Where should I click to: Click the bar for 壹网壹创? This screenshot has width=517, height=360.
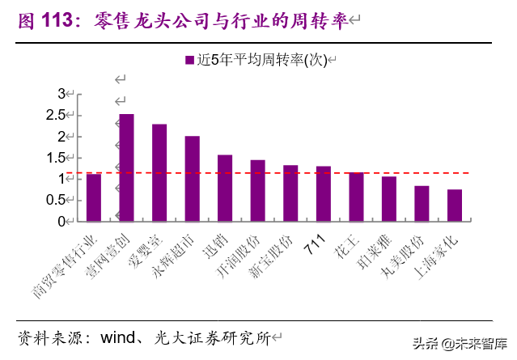point(127,167)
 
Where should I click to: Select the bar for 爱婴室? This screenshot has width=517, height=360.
point(159,172)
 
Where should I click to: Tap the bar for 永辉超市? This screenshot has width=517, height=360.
point(193,178)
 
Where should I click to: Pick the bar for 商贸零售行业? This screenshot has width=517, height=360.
point(94,197)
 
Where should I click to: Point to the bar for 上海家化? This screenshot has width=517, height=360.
point(454,205)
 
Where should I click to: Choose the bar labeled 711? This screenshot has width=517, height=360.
point(323,193)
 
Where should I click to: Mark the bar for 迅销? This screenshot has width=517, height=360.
point(225,188)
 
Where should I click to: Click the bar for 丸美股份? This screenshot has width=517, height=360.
point(422,203)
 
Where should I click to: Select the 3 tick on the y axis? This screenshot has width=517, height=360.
point(61,94)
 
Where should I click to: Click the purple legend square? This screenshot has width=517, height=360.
point(189,61)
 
